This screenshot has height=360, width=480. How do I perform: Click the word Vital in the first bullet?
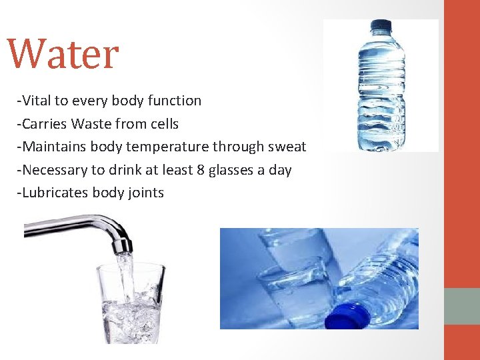37,101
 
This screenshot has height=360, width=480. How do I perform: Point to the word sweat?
287,147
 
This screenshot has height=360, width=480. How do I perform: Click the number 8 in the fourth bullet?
201,170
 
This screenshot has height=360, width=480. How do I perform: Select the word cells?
163,124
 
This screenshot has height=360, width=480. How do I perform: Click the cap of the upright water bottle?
380,27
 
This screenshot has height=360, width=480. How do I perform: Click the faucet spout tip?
122,246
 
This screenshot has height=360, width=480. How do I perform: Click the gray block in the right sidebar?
462,306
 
